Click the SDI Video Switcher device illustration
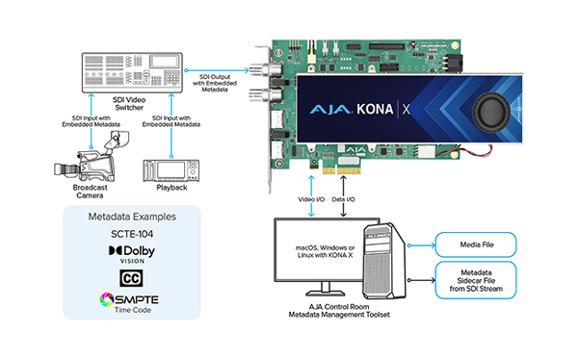tap(130, 64)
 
